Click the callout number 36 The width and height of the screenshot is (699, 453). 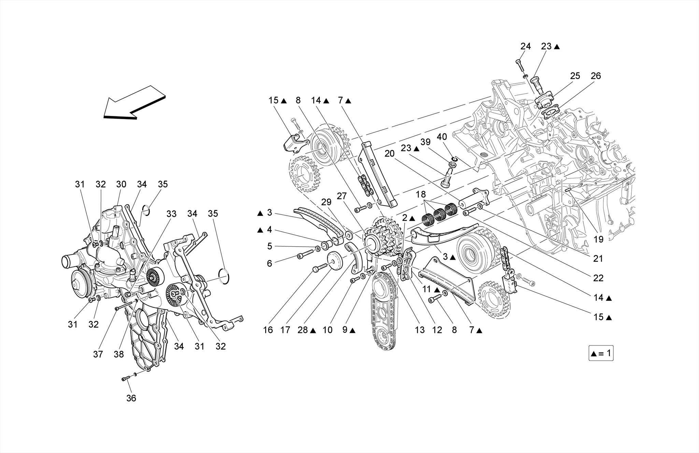[x=131, y=398]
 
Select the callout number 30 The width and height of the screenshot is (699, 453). [x=121, y=184]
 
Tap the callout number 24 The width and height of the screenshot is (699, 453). [x=526, y=46]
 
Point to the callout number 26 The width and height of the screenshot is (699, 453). [x=596, y=76]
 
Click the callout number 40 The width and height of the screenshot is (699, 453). [x=442, y=137]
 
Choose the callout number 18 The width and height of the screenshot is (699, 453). [x=421, y=195]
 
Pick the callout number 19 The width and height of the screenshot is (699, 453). [x=598, y=239]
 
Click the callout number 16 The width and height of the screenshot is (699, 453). [x=268, y=330]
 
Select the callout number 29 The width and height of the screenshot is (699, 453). [x=326, y=202]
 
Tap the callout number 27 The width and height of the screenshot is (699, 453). [x=342, y=196]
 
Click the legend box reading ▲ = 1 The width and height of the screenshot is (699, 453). [x=601, y=353]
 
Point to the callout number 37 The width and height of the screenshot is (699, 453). [x=98, y=354]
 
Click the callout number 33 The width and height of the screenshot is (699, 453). [x=171, y=214]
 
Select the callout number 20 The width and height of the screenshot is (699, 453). [x=389, y=154]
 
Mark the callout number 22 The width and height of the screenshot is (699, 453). [x=598, y=278]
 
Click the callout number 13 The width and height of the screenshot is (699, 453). [x=420, y=330]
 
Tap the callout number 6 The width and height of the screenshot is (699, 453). [x=269, y=263]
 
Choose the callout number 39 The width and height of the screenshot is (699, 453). [x=425, y=142]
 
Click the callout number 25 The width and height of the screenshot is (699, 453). [x=575, y=76]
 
